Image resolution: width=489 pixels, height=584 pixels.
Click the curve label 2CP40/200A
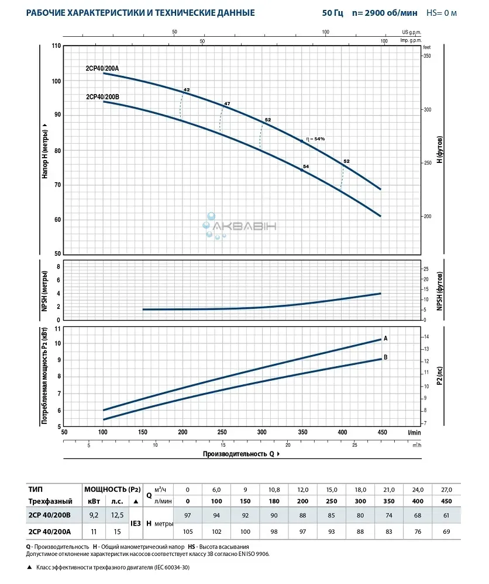point(102,68)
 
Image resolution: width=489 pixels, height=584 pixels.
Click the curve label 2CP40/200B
point(102,97)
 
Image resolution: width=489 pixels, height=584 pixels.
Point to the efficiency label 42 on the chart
point(187,90)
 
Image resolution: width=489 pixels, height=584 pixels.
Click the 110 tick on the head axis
point(57,46)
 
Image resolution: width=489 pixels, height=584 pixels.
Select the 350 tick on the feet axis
point(427,55)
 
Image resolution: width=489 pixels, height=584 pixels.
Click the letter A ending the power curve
point(385,339)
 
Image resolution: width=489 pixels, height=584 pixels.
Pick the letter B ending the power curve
point(385,357)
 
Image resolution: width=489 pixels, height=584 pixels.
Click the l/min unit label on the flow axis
point(415,432)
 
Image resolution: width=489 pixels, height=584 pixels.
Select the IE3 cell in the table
point(136,523)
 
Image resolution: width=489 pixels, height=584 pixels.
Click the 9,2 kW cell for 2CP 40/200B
point(93,515)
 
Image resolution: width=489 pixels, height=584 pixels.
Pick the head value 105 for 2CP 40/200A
point(187,531)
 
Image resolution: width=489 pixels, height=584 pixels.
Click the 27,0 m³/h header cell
point(446,489)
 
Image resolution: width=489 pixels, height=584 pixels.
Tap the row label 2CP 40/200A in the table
point(49,531)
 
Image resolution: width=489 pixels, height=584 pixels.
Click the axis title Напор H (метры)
point(45,150)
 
